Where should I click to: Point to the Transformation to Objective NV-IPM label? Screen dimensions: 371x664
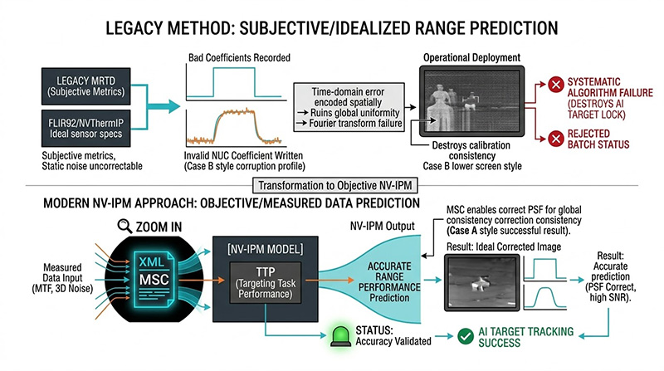click(x=332, y=187)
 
